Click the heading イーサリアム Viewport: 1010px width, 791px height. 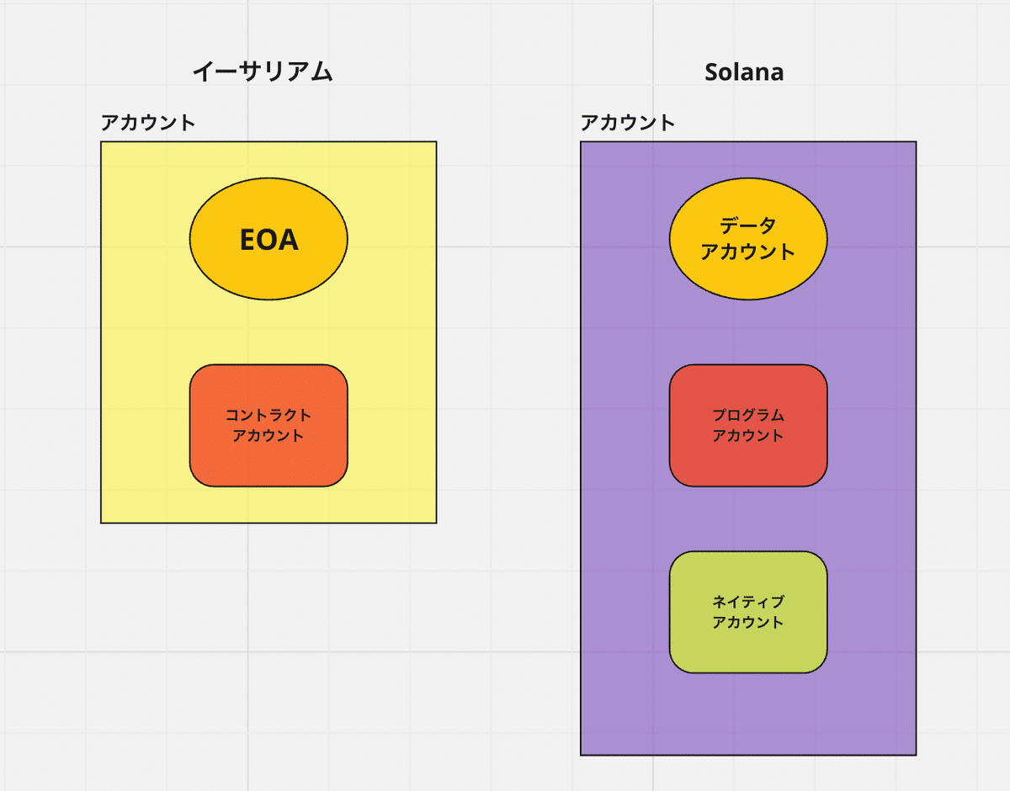point(263,72)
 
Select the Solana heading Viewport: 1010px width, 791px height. point(744,72)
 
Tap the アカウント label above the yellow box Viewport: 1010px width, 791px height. point(148,123)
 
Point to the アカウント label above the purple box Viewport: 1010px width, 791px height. point(628,123)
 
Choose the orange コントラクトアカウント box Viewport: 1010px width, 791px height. point(268,459)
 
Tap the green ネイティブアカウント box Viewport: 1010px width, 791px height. point(748,648)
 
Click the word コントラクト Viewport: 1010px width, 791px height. point(268,415)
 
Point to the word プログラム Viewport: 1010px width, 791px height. point(748,415)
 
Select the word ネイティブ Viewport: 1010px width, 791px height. point(748,602)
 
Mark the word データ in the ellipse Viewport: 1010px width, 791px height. point(748,226)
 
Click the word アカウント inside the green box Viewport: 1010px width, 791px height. point(748,623)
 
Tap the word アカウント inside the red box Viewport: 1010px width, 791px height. point(748,436)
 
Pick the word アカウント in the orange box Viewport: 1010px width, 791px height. point(268,436)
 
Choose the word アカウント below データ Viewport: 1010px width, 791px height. point(748,252)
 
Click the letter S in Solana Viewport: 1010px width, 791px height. point(712,72)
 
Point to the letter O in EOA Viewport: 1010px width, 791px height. point(269,240)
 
